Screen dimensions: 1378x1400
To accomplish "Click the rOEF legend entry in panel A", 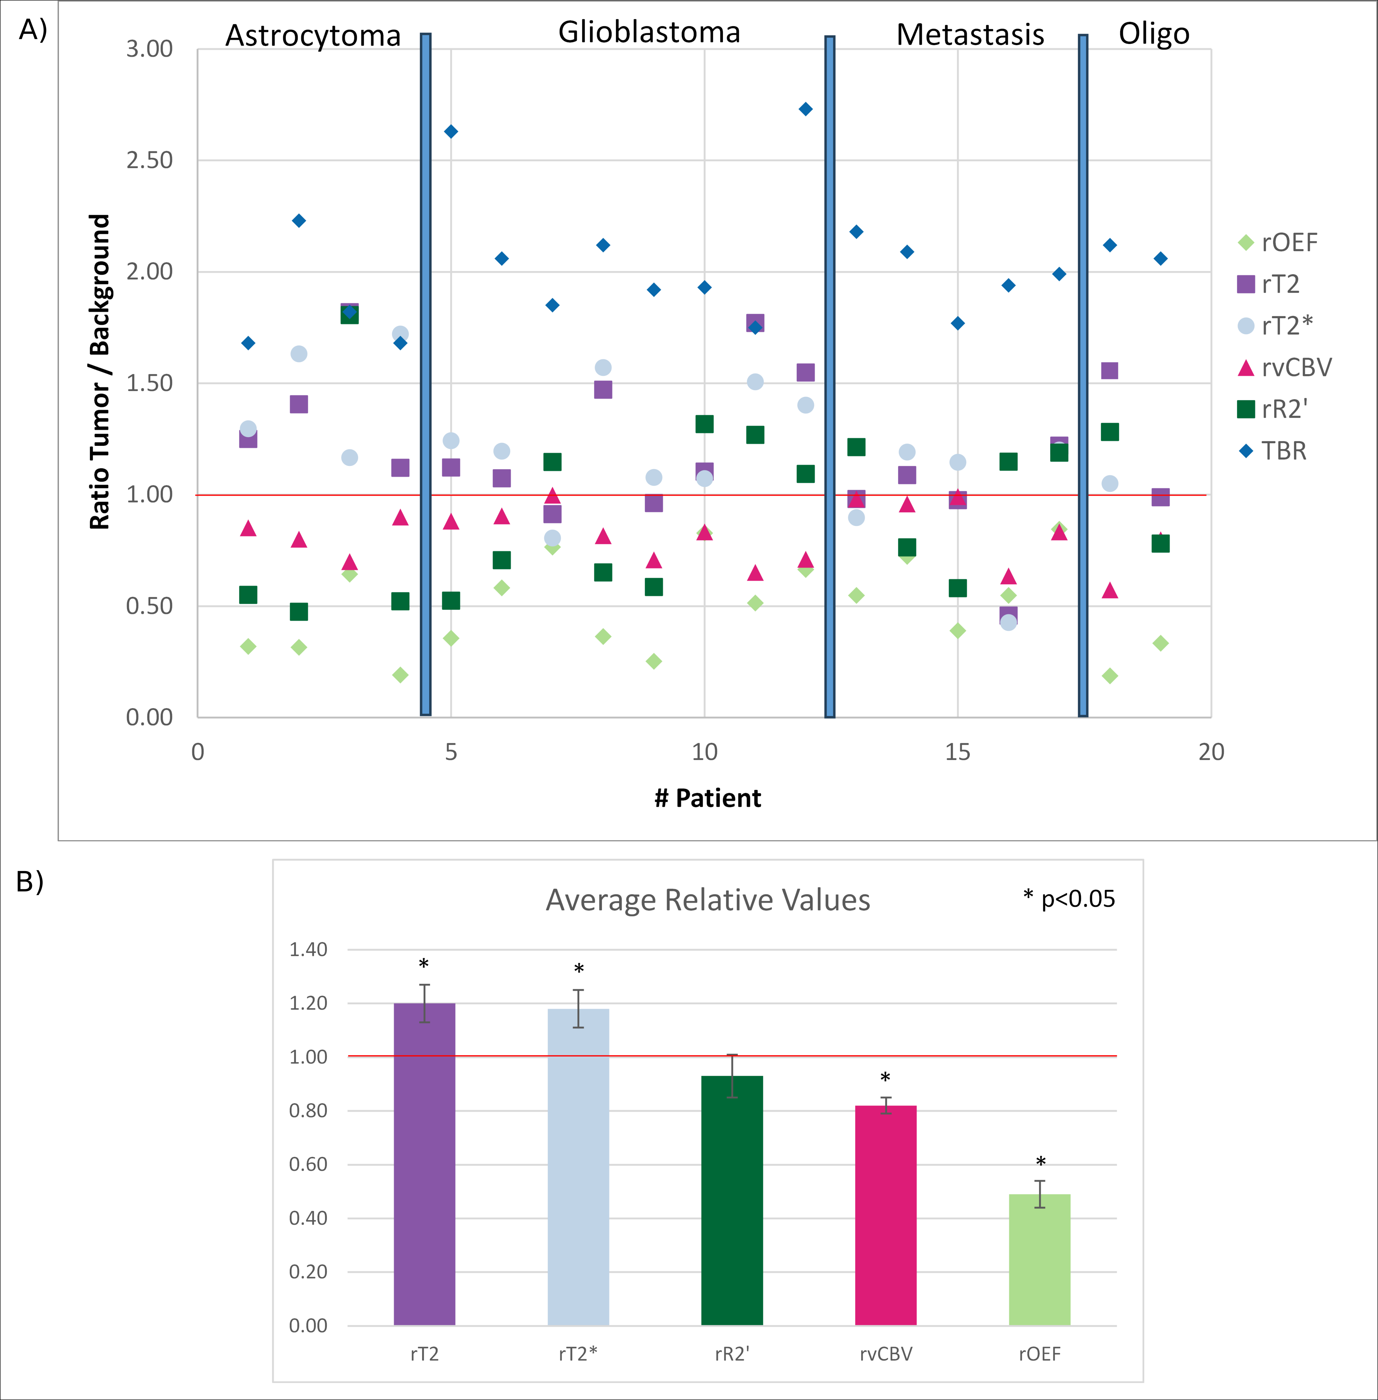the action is point(1277,242).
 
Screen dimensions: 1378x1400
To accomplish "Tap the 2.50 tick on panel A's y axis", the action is point(150,160).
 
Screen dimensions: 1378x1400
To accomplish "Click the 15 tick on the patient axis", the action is point(958,752).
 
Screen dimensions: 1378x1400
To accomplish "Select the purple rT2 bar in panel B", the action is point(424,1164).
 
